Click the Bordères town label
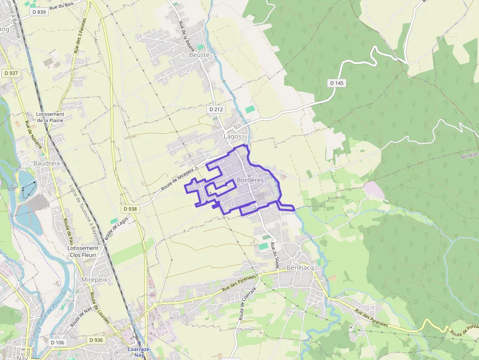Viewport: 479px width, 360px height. pyautogui.click(x=250, y=180)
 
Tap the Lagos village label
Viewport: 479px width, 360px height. pyautogui.click(x=233, y=137)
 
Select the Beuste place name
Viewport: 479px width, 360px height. pyautogui.click(x=199, y=55)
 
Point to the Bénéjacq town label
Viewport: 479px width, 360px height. pyautogui.click(x=300, y=268)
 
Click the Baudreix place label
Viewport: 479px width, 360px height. pyautogui.click(x=46, y=163)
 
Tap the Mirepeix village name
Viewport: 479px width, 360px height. pyautogui.click(x=94, y=280)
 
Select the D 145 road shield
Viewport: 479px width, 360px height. pyautogui.click(x=337, y=83)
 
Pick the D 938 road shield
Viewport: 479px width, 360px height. pyautogui.click(x=131, y=209)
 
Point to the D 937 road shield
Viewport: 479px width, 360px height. pyautogui.click(x=11, y=73)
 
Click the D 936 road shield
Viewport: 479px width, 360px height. pyautogui.click(x=96, y=339)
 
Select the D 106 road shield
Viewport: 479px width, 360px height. pyautogui.click(x=57, y=342)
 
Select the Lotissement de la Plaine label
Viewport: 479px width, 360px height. pyautogui.click(x=50, y=117)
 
